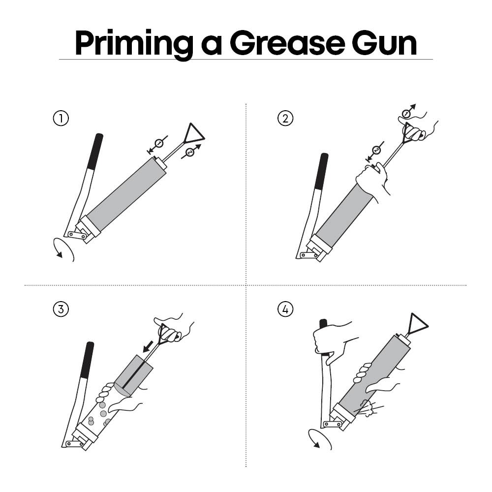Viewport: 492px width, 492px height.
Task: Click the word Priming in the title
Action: (x=134, y=44)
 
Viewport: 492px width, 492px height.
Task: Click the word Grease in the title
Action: (x=287, y=43)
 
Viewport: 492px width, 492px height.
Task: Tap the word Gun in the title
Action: (x=384, y=43)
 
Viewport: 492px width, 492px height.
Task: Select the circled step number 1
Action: (x=61, y=119)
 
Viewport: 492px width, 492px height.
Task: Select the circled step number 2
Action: (x=285, y=119)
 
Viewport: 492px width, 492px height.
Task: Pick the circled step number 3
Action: (x=61, y=309)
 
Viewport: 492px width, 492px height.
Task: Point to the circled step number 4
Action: (x=285, y=309)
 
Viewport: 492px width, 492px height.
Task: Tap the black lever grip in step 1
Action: (x=95, y=152)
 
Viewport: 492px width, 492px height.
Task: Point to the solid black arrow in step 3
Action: (x=148, y=346)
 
